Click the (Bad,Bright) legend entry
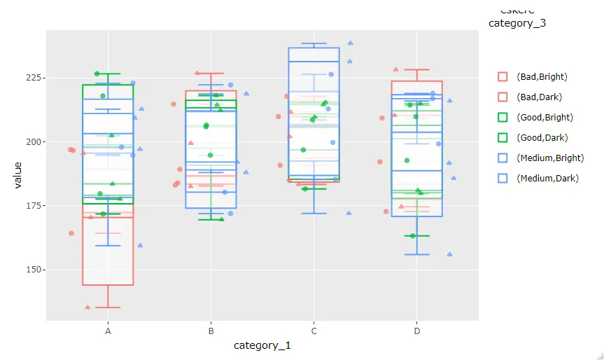click(541, 76)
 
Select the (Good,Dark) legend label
click(541, 137)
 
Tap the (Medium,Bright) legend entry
click(549, 158)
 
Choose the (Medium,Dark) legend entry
click(547, 178)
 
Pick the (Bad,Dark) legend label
click(538, 97)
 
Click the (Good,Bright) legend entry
click(544, 117)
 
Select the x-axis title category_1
click(262, 345)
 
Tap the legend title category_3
click(517, 23)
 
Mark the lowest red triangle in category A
click(87, 307)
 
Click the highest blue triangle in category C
click(351, 43)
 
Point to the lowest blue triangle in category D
click(449, 254)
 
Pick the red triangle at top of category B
click(197, 73)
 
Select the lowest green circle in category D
click(413, 235)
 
